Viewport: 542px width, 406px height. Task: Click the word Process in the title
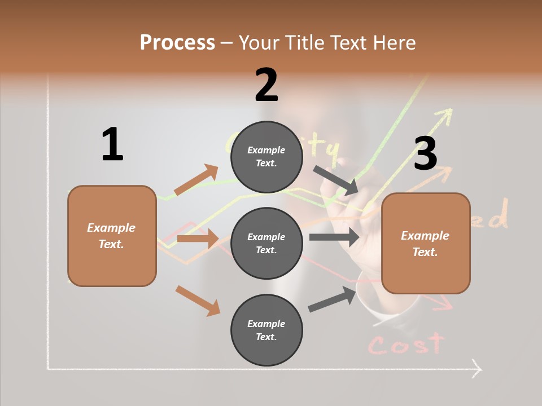[177, 42]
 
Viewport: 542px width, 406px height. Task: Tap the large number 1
[112, 144]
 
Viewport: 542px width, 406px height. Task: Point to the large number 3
[425, 154]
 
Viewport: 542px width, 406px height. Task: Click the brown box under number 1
[112, 236]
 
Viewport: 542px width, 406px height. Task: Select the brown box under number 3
[426, 244]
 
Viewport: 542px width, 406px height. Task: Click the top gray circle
[266, 157]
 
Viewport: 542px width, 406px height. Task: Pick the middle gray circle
[266, 244]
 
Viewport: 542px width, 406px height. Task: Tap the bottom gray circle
[266, 330]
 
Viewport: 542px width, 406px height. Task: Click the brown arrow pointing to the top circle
[196, 179]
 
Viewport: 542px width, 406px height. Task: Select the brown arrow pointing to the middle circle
[198, 239]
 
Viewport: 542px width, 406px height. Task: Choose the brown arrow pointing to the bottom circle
[198, 301]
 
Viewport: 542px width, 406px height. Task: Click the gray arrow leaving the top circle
[336, 180]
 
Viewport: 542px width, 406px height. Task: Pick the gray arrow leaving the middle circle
[334, 237]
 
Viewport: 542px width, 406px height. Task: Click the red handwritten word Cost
[405, 343]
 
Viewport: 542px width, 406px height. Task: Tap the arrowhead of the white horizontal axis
[477, 370]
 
